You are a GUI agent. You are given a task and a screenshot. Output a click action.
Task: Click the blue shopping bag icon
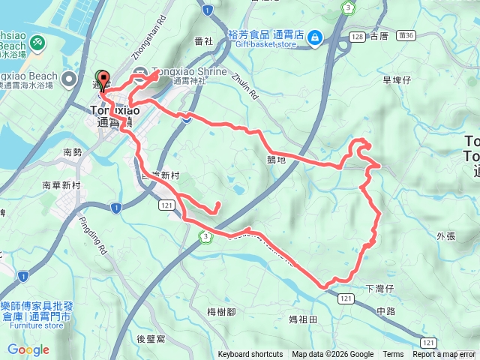(x=314, y=36)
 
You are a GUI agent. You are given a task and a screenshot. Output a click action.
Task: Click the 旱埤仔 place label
(x=398, y=79)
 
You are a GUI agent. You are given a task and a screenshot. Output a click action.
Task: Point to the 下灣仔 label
(x=379, y=288)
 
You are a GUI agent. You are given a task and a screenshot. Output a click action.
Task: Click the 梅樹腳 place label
(x=221, y=311)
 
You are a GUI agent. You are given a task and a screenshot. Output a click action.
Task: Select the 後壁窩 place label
(x=151, y=339)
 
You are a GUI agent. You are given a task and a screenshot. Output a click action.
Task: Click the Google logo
(x=28, y=349)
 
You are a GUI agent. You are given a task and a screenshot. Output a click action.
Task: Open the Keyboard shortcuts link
(x=250, y=355)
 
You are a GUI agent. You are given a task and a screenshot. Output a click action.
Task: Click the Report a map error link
(x=445, y=355)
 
